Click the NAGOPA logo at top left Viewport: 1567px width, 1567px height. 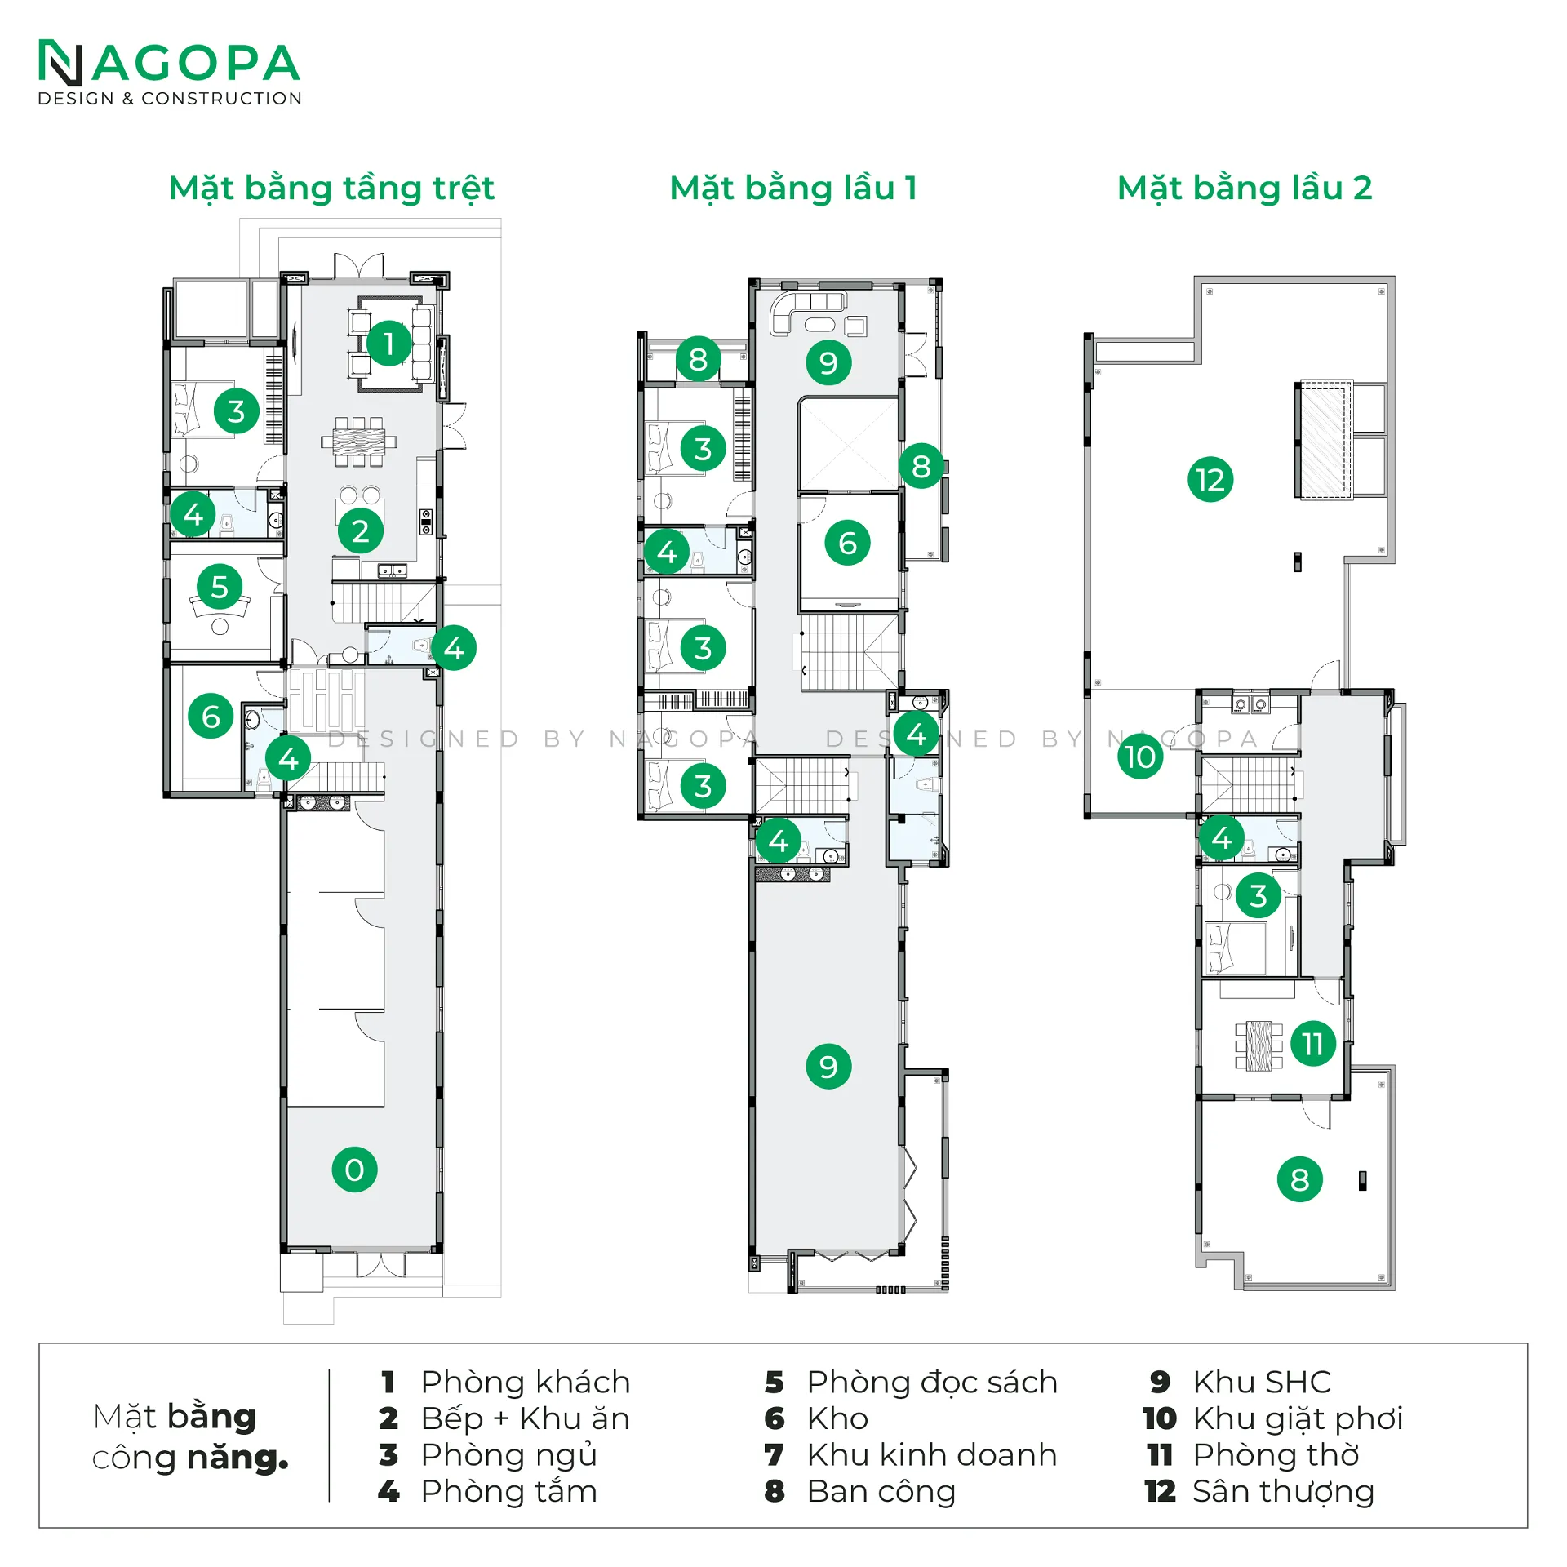169,73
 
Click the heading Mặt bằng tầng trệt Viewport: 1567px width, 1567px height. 331,188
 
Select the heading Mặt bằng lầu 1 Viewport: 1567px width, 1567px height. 793,188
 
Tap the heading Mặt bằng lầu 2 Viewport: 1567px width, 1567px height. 1245,188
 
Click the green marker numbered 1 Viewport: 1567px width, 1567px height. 389,344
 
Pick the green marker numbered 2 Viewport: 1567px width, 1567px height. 361,531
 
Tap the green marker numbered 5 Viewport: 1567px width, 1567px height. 220,587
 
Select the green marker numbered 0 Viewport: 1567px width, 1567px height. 354,1170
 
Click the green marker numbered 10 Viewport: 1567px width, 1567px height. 1140,757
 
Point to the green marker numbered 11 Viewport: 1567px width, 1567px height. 1313,1044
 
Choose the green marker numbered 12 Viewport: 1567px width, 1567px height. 1210,480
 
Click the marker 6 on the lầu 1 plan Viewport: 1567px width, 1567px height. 848,543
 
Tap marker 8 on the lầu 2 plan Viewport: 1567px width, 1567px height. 1300,1179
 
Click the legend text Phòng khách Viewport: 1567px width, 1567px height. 526,1382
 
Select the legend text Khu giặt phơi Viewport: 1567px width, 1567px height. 1298,1418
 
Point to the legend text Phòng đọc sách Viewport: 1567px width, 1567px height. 932,1382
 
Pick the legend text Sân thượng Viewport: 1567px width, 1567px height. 1284,1491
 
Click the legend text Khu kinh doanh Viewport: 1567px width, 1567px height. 932,1454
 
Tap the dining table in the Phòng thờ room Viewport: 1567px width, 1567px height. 1258,1045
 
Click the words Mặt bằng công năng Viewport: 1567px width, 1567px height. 190,1436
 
